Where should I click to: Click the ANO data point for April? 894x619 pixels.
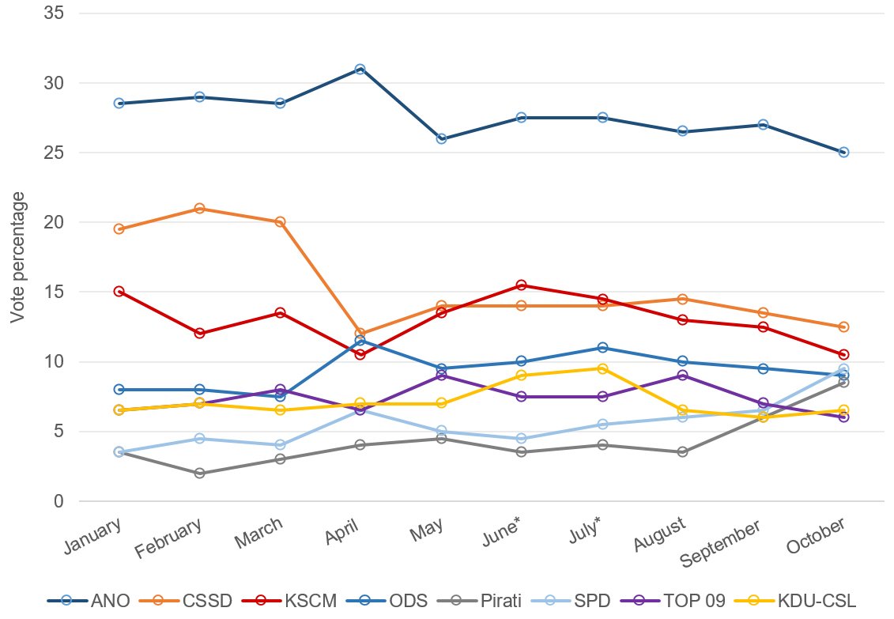(x=360, y=69)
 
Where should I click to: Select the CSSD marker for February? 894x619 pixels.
(x=199, y=209)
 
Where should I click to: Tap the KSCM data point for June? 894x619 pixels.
(x=522, y=285)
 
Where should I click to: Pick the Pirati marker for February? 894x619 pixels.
(x=199, y=473)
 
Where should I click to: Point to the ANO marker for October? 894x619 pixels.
(x=843, y=152)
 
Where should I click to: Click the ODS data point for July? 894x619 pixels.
(x=602, y=348)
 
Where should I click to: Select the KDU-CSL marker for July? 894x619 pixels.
(x=602, y=368)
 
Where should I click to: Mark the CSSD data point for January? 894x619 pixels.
(x=119, y=229)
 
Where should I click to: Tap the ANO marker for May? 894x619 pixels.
(x=441, y=138)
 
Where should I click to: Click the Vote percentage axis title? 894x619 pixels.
(x=17, y=257)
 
